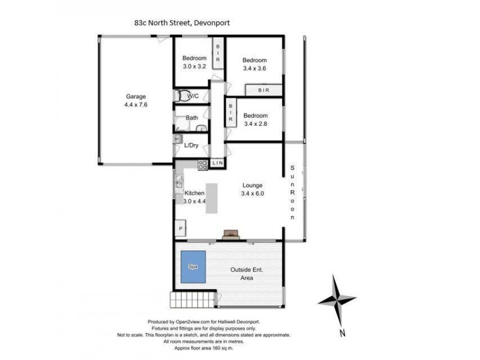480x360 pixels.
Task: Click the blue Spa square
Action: (194, 267)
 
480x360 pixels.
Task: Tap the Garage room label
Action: (136, 100)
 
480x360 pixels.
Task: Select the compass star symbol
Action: (337, 298)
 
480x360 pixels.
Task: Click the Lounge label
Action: (253, 185)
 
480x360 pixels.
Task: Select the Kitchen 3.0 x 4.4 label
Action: (195, 197)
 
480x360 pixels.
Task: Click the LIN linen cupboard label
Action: (217, 163)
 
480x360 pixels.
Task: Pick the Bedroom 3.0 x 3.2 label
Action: (194, 62)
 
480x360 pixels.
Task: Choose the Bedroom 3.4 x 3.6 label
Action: (254, 64)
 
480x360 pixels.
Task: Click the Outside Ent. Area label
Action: (250, 274)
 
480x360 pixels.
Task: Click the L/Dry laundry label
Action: (191, 145)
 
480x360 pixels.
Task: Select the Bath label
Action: (192, 118)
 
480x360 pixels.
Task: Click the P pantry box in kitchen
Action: (180, 229)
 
